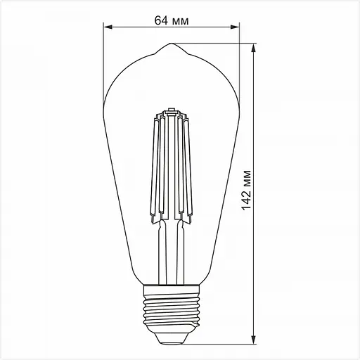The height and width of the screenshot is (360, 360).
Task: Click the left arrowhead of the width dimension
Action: pyautogui.click(x=108, y=29)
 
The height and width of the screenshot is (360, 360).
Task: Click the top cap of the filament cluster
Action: pyautogui.click(x=171, y=110)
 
